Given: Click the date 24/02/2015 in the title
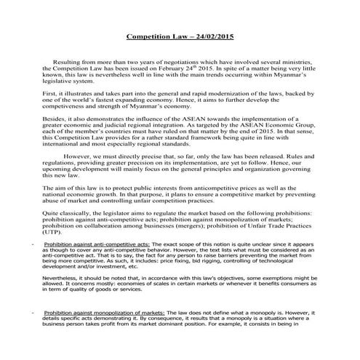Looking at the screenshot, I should pyautogui.click(x=212, y=35).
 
